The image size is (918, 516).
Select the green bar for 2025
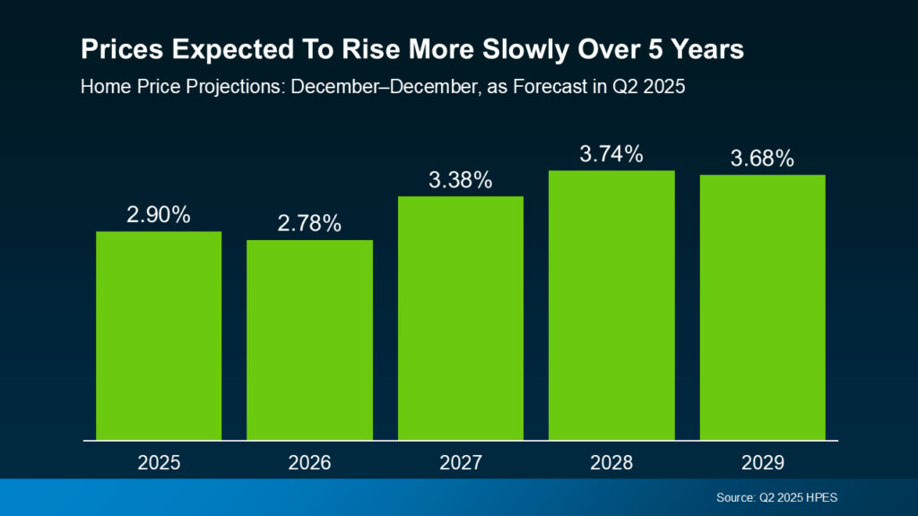pos(159,335)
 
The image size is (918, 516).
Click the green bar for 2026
pos(309,340)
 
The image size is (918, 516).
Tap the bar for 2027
pos(460,317)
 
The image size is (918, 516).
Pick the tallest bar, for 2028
pos(611,305)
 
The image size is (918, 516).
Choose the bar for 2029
pos(762,306)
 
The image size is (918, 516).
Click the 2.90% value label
pos(159,215)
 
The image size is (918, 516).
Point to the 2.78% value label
pos(309,223)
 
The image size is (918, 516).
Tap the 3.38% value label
pos(460,179)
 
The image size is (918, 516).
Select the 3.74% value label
pos(611,153)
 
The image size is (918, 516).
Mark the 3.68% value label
pos(762,159)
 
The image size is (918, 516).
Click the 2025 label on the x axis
pos(159,463)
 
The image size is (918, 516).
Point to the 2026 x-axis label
pos(309,463)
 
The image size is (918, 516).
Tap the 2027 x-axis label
pos(460,463)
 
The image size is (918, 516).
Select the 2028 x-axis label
pos(611,463)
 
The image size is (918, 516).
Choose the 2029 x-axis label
pos(762,463)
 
